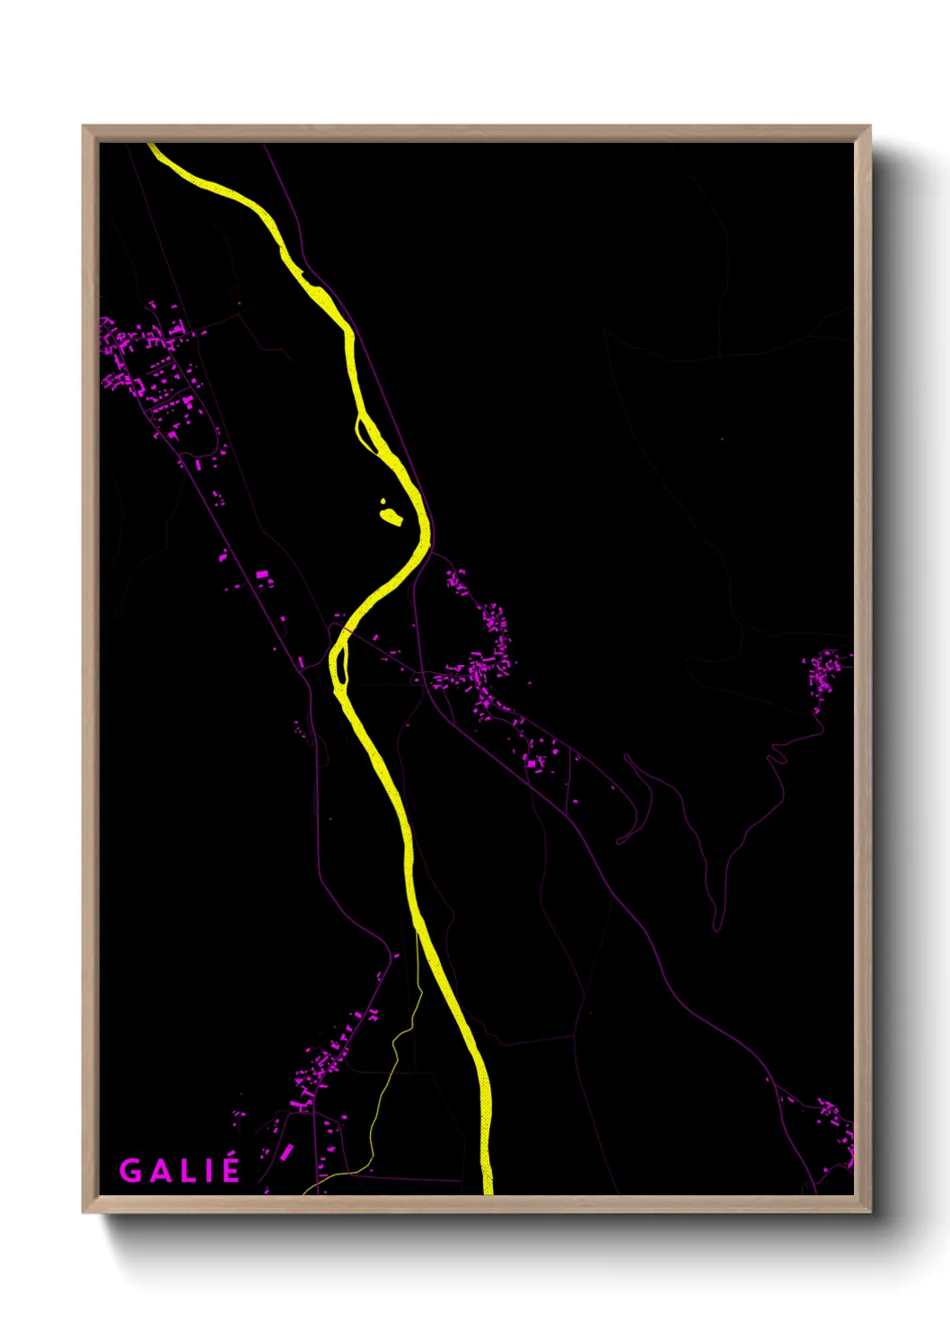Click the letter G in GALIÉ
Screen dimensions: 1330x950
tap(130, 1171)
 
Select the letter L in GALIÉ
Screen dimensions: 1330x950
tap(184, 1171)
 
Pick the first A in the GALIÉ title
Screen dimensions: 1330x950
tap(157, 1171)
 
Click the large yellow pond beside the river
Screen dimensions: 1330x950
tap(391, 517)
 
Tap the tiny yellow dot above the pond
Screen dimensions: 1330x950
tap(383, 501)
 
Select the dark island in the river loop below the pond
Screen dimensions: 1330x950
tap(340, 661)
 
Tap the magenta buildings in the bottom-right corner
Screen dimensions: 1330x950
tap(835, 1123)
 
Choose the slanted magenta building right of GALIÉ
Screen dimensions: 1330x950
tap(286, 1151)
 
